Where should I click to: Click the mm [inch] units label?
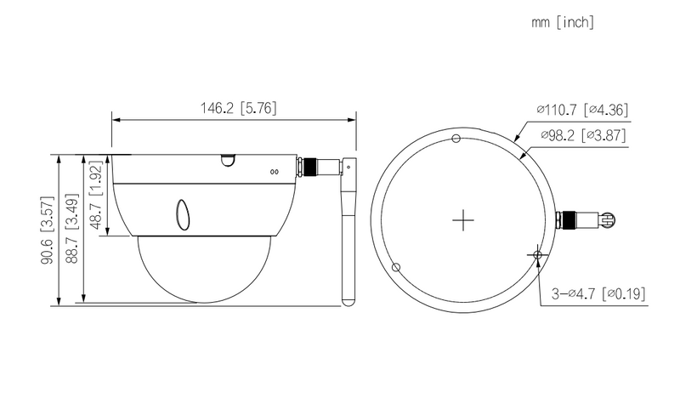(561, 23)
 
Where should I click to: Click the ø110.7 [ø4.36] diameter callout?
(581, 110)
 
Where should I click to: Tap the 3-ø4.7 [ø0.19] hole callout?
(598, 294)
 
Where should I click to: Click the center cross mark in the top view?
(462, 220)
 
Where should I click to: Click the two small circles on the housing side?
(274, 171)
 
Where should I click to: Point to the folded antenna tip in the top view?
(607, 219)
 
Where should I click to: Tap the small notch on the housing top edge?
(226, 160)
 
